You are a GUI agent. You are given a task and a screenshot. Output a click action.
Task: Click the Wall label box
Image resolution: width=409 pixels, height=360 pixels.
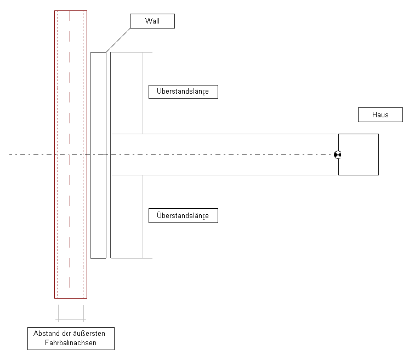152,21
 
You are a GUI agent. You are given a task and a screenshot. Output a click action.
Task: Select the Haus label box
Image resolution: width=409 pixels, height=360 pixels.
380,115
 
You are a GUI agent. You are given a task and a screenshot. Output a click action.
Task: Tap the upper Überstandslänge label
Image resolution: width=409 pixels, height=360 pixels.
183,92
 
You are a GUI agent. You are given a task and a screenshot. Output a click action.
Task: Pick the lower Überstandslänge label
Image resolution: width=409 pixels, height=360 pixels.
183,215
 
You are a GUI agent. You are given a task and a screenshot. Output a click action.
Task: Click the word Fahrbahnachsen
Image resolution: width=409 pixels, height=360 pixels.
71,342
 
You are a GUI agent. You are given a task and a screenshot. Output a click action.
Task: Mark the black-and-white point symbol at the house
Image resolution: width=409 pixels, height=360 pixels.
338,155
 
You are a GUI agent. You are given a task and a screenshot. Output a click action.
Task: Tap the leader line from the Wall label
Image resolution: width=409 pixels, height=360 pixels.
118,40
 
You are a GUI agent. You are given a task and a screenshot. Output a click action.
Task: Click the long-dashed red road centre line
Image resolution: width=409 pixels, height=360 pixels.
70,149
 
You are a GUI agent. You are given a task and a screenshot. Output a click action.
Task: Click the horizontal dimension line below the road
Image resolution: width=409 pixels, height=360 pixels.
71,319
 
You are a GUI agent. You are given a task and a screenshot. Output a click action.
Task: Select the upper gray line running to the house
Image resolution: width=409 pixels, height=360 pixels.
224,134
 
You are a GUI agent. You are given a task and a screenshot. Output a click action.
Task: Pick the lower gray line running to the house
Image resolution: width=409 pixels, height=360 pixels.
224,175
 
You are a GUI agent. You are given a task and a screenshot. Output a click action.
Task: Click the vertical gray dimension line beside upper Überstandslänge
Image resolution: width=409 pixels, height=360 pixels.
143,93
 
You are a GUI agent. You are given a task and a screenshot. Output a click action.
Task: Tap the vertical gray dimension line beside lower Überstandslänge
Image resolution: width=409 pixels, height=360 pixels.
143,216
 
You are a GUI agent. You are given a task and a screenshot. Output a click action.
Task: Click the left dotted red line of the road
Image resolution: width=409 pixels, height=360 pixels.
58,155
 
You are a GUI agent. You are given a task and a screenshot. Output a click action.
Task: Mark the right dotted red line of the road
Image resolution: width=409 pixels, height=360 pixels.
83,155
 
